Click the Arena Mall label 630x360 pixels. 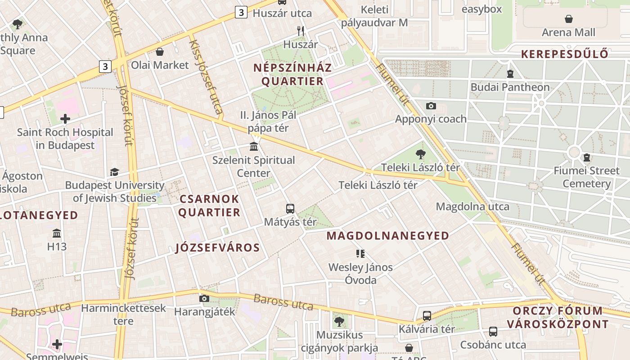point(568,32)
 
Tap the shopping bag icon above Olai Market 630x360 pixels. point(159,52)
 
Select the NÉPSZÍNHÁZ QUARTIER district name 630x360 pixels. point(292,75)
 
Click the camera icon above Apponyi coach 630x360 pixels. point(431,106)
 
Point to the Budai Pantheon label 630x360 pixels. point(510,87)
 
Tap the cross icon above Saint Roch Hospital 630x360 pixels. point(65,119)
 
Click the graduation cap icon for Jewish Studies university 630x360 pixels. point(114,172)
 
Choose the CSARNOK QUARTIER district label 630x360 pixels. point(209,206)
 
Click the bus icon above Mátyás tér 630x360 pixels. point(290,209)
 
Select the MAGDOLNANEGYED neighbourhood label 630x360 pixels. point(387,236)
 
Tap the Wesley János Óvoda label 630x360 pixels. point(360,274)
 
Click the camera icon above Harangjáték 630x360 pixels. point(204,298)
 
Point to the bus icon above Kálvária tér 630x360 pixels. point(427,316)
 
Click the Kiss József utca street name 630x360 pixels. point(206,76)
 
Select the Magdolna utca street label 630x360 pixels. point(472,207)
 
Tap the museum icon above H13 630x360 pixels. point(57,234)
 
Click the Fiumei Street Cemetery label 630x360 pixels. point(586,177)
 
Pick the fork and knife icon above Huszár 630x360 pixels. point(301,31)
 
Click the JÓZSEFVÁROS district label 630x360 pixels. point(217,248)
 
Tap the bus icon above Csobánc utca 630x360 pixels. point(493,332)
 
